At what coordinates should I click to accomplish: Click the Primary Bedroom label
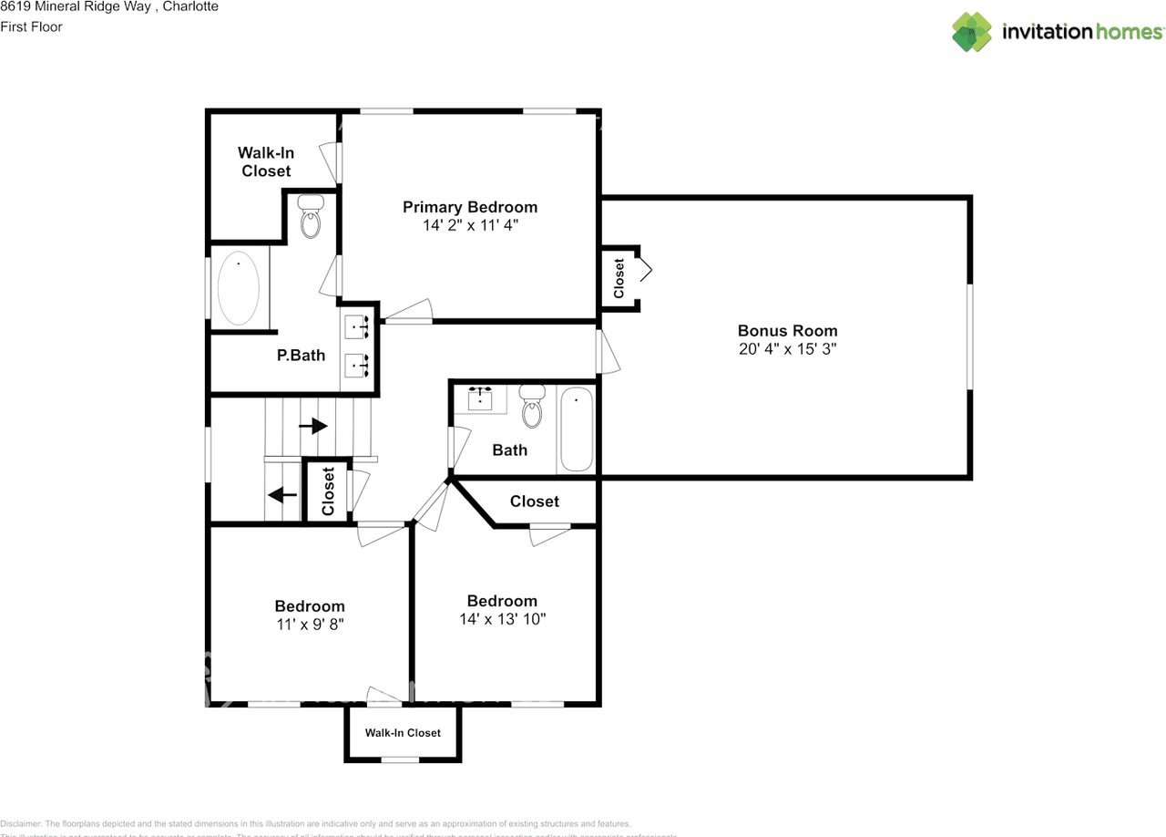(x=470, y=207)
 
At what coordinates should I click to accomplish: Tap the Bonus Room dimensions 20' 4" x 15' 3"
(x=787, y=349)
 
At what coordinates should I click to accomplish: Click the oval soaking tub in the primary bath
(x=239, y=287)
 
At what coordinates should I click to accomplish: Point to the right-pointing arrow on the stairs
(x=313, y=425)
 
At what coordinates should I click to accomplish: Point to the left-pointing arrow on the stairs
(x=282, y=495)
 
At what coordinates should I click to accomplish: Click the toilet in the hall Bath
(x=531, y=408)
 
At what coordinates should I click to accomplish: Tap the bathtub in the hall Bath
(x=576, y=429)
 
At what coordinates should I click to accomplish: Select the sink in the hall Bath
(x=480, y=398)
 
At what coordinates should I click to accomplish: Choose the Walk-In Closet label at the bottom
(x=403, y=733)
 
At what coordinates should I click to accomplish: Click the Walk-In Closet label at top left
(x=266, y=162)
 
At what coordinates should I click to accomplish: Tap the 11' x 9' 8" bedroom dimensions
(x=310, y=625)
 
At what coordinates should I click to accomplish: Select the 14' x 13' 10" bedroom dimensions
(x=502, y=619)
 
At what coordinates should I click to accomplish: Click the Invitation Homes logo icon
(x=971, y=32)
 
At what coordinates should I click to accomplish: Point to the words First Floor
(x=32, y=26)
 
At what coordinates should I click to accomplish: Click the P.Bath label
(x=301, y=356)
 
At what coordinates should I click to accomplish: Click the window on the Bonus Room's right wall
(x=970, y=336)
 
